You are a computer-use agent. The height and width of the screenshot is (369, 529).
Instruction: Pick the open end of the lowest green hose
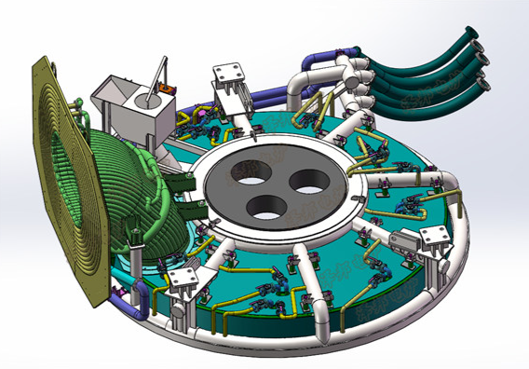pos(485,87)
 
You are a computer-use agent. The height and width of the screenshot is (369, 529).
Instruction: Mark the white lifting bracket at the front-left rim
pos(183,283)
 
